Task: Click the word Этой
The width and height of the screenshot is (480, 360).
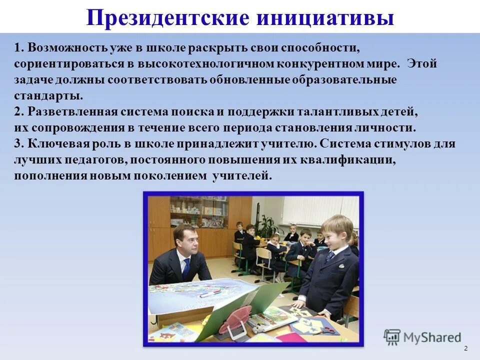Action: (422, 64)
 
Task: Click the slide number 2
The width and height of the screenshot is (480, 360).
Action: (466, 348)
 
